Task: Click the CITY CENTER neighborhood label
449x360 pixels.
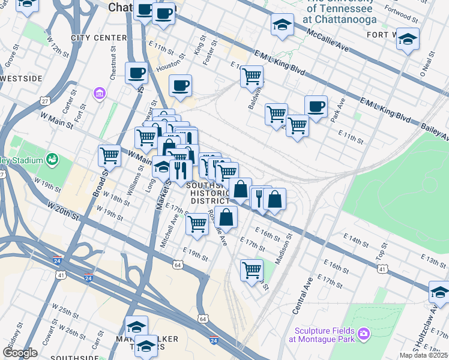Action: click(x=99, y=38)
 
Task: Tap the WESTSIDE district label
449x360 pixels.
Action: click(x=22, y=79)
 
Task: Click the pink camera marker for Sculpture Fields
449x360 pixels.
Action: click(x=363, y=333)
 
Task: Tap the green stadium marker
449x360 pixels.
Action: click(x=53, y=160)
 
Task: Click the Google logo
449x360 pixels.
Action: click(x=20, y=353)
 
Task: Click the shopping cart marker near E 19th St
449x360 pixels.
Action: click(x=197, y=224)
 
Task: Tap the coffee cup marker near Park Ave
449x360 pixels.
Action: click(x=316, y=107)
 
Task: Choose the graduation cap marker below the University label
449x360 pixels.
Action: click(x=282, y=25)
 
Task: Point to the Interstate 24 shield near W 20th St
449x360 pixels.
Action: click(x=88, y=278)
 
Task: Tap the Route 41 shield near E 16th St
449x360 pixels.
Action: click(x=382, y=269)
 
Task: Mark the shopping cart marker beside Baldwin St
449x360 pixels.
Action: click(x=252, y=76)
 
